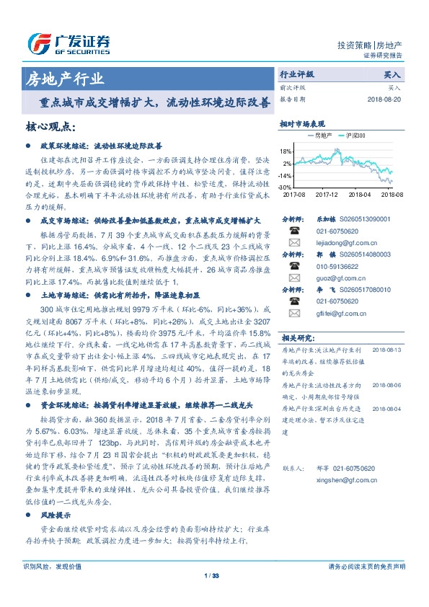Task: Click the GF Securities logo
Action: [x=68, y=42]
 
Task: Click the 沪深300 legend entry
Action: [x=355, y=135]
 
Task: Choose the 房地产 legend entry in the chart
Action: [x=321, y=135]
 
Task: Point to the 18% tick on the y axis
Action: [x=286, y=151]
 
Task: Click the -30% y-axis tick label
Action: [x=286, y=187]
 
